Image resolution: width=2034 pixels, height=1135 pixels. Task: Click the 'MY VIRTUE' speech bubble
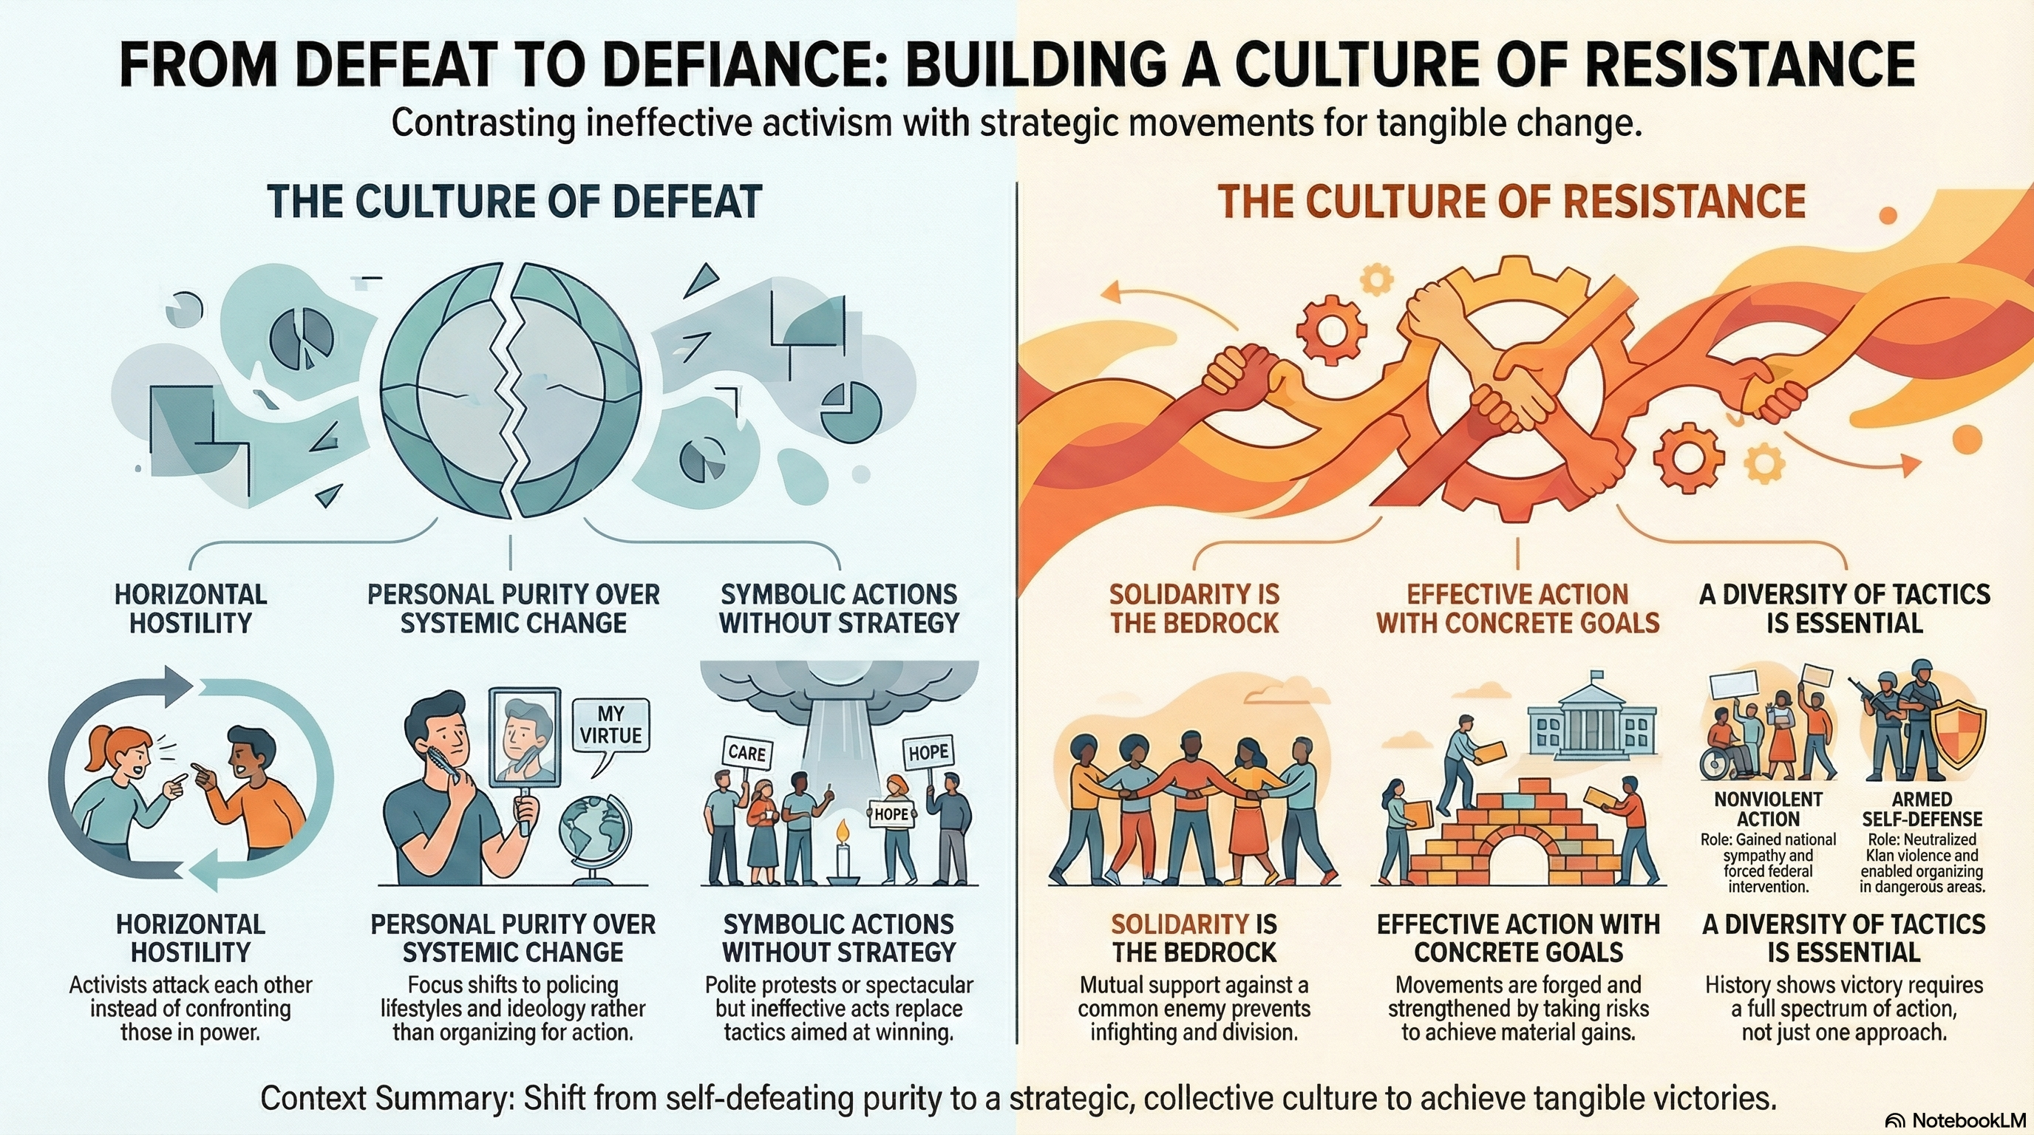coord(610,726)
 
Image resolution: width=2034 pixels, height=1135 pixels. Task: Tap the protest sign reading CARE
coord(747,753)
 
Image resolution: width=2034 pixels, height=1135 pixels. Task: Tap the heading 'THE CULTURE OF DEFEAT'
coord(514,202)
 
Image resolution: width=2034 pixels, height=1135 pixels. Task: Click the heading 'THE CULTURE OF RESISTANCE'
coord(1511,202)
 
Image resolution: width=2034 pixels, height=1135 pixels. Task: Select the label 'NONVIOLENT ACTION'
coord(1768,810)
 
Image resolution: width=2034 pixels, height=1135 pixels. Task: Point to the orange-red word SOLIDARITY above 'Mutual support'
coord(1169,924)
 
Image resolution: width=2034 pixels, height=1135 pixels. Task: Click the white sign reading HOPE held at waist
coord(891,813)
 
